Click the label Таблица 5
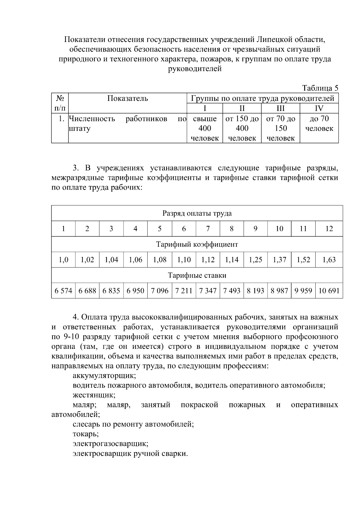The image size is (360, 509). click(320, 88)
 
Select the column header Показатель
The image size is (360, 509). click(127, 98)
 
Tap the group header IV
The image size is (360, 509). click(319, 108)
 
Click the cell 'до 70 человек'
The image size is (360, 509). click(319, 124)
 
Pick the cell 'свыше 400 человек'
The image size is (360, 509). click(205, 128)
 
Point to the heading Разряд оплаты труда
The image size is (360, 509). click(197, 213)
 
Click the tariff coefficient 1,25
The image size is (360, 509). click(255, 260)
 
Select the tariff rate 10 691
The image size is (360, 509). click(329, 291)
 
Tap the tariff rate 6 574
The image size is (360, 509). click(63, 291)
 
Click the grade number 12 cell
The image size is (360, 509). click(329, 229)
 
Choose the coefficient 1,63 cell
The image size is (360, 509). click(329, 260)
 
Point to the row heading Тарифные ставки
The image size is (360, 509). click(197, 275)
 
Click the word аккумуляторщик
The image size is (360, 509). click(104, 376)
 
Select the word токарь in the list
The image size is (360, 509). click(85, 434)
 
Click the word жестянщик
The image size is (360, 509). click(94, 395)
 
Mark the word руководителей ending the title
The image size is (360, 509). click(195, 69)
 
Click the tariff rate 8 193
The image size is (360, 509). click(255, 291)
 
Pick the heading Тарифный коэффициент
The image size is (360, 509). click(197, 244)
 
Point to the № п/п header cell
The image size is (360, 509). click(60, 103)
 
